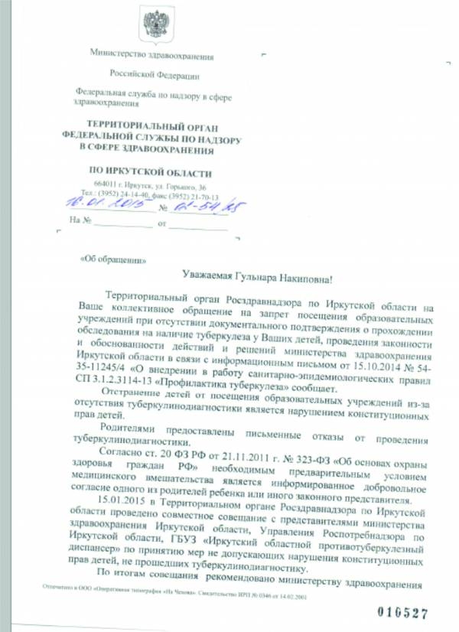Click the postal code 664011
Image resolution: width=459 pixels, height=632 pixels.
click(x=105, y=187)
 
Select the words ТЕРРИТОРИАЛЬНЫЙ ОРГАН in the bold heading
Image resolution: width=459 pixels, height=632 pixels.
click(x=151, y=124)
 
